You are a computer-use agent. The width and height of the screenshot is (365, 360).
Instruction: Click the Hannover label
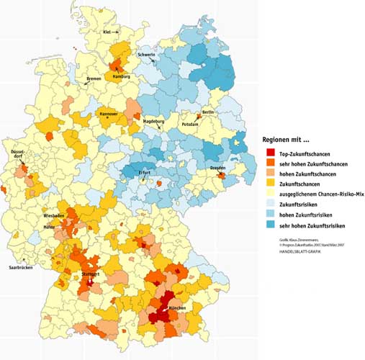coord(109,114)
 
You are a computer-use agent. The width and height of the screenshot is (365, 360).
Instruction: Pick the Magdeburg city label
coord(154,122)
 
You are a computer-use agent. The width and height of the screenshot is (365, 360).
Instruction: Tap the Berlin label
coord(208,113)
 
